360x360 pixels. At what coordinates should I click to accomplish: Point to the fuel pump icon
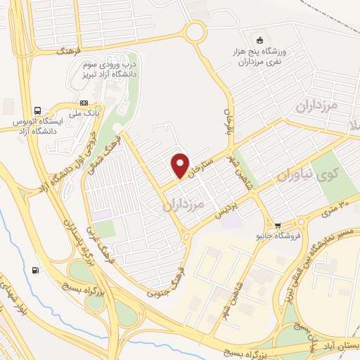[x=36, y=269]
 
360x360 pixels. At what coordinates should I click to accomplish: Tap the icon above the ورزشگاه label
[x=261, y=40]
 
